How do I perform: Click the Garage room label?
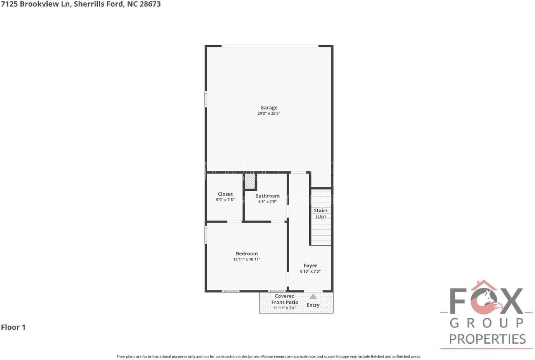click(269, 108)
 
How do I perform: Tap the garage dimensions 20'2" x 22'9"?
click(269, 113)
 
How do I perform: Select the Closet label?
click(225, 194)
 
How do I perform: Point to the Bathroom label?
click(267, 196)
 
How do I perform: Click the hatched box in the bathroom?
click(250, 182)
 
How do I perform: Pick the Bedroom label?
click(247, 254)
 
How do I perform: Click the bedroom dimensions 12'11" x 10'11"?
click(247, 259)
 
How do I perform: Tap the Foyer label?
click(310, 266)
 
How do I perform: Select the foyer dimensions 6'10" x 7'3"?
click(310, 271)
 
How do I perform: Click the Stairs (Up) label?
click(321, 213)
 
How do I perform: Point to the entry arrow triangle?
click(313, 297)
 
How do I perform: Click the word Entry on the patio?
click(313, 305)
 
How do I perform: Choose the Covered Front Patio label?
click(285, 299)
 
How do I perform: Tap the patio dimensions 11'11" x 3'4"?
click(285, 308)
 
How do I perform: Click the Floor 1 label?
click(13, 327)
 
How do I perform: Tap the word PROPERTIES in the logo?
click(487, 339)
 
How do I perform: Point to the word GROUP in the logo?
click(487, 323)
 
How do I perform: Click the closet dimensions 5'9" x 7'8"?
click(225, 200)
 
